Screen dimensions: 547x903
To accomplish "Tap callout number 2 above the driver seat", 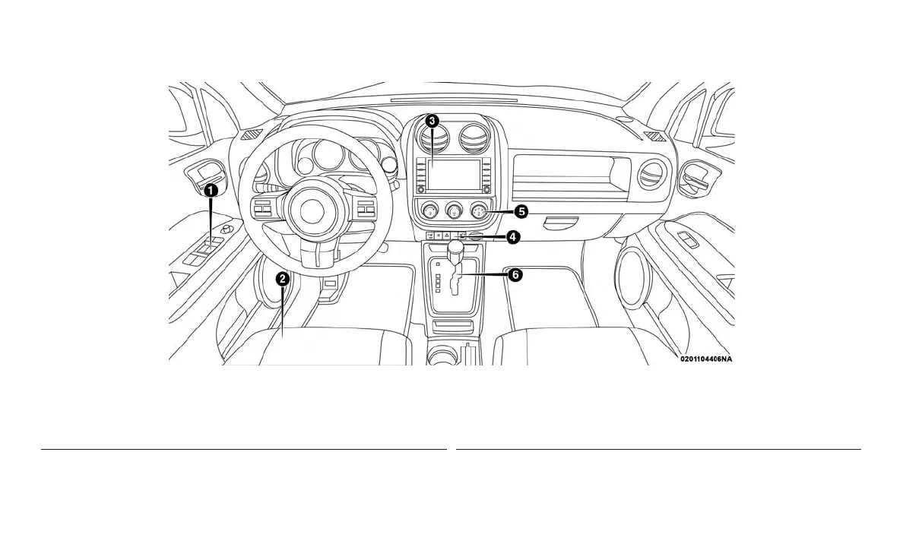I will (x=282, y=279).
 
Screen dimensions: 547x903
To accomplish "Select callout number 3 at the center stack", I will (x=431, y=121).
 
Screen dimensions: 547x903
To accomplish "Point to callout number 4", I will (x=513, y=238).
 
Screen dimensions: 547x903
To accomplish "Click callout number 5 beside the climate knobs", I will (x=520, y=210).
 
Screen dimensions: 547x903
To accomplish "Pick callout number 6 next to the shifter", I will (x=515, y=275).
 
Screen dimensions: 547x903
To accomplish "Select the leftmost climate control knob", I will (x=431, y=210).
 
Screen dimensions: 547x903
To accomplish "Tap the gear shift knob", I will (x=456, y=248).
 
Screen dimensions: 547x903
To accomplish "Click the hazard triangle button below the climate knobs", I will (x=447, y=236).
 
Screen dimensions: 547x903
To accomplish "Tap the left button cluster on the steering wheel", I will (x=262, y=210).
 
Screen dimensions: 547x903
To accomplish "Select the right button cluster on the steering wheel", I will (x=363, y=209).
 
